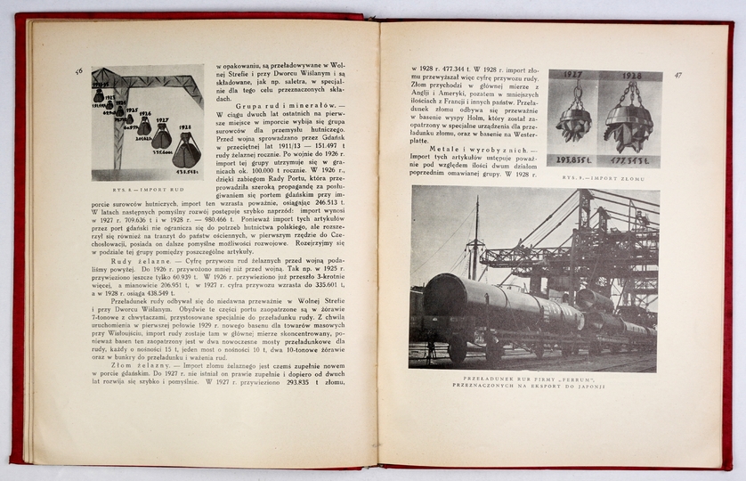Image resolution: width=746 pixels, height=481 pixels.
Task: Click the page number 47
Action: (x=678, y=75)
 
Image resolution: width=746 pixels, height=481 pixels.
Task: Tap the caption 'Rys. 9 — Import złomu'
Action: (x=604, y=177)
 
